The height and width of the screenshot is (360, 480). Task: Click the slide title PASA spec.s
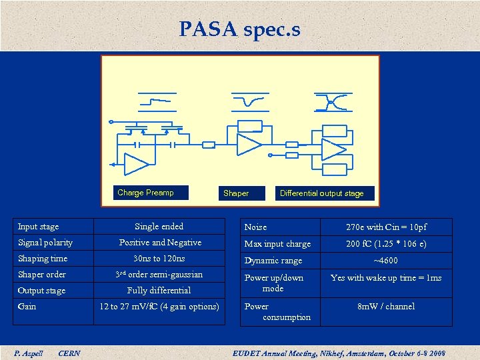239,29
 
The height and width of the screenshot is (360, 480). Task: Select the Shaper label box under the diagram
236,193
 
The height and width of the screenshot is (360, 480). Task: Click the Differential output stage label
322,193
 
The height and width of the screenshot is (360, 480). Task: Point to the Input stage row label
39,227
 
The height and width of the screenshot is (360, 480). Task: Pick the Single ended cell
159,227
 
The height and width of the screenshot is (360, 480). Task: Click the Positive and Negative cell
160,243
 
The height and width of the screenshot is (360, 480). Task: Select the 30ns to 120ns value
159,259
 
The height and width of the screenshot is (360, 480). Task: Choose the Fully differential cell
159,291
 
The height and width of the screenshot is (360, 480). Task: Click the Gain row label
27,307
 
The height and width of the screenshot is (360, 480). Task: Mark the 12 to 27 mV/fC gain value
159,307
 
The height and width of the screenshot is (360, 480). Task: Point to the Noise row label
256,227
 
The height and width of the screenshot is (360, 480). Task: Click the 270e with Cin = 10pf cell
386,227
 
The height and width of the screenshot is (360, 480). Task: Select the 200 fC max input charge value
386,244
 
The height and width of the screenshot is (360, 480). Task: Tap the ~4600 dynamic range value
386,261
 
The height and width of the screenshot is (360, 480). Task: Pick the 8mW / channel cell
386,307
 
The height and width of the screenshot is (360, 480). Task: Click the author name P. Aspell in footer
29,353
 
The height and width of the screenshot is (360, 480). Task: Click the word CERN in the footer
69,353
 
